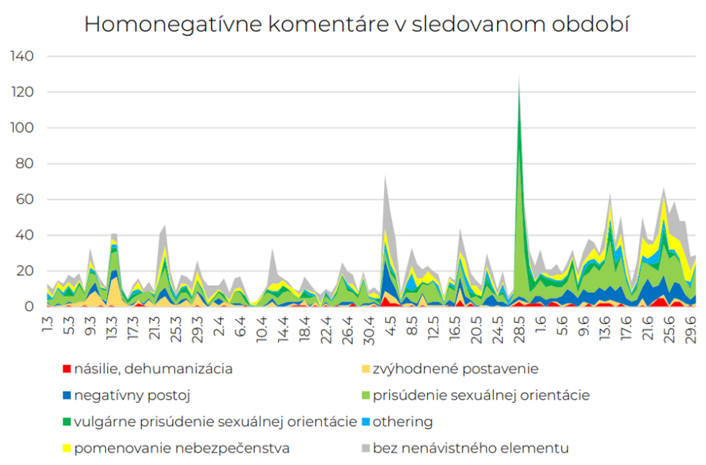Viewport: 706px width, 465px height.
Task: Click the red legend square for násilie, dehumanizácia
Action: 66,369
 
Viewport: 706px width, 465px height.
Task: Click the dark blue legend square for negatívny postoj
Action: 66,395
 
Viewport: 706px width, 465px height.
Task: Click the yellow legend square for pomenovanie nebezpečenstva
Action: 66,448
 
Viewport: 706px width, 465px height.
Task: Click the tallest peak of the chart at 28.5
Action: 519,76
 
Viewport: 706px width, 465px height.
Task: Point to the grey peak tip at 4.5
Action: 385,176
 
